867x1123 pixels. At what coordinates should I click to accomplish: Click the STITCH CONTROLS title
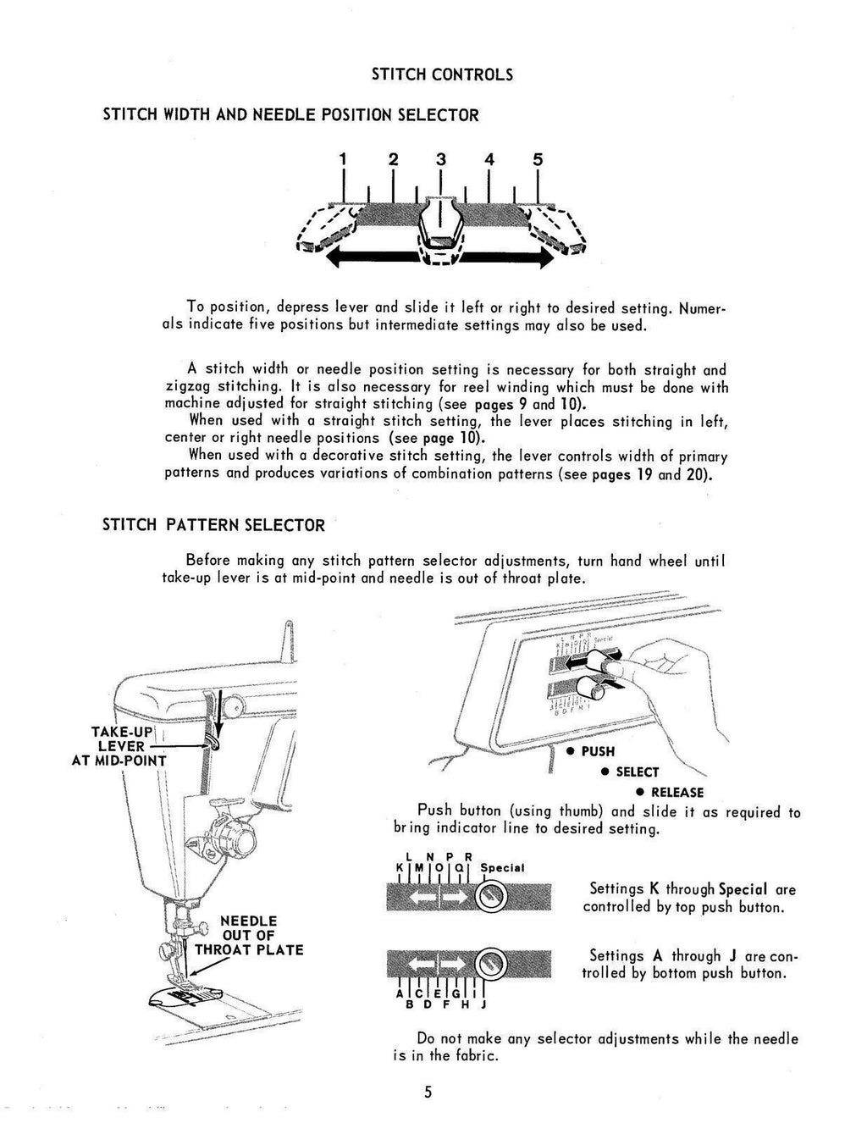pos(442,75)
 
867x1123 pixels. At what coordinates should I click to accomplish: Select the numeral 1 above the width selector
pos(343,158)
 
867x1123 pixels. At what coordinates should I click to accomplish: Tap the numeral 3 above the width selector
pos(440,158)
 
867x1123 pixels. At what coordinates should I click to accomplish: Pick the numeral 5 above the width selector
pos(538,158)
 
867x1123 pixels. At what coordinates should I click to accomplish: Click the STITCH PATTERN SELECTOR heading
pos(213,525)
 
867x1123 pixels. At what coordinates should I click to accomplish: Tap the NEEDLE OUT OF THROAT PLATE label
pos(248,935)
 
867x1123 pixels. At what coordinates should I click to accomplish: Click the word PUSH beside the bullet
pos(598,751)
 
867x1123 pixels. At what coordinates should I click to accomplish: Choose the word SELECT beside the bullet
pos(637,772)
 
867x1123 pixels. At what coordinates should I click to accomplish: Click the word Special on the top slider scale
pos(502,867)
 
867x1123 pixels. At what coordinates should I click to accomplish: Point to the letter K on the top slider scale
pos(399,867)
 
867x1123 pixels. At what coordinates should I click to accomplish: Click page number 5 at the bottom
pos(428,1092)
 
